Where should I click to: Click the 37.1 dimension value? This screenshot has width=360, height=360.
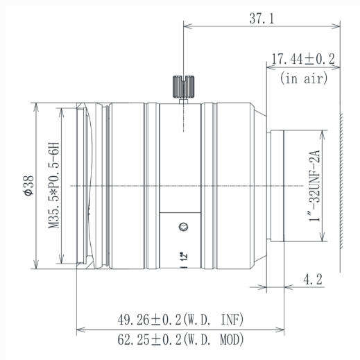point(262,18)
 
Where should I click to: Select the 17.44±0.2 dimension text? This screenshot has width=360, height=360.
point(303,59)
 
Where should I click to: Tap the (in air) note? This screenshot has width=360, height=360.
point(304,78)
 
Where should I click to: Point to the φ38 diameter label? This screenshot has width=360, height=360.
point(29,185)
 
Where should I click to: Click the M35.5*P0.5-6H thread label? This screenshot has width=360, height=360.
point(53,185)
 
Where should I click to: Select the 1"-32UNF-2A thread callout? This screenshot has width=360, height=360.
point(314,186)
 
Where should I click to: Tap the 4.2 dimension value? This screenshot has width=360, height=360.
point(312,280)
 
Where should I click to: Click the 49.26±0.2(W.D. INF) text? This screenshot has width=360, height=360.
point(180,320)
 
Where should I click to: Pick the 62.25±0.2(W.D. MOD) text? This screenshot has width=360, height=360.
point(180,339)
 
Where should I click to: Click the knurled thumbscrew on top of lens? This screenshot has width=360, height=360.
point(183,87)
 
